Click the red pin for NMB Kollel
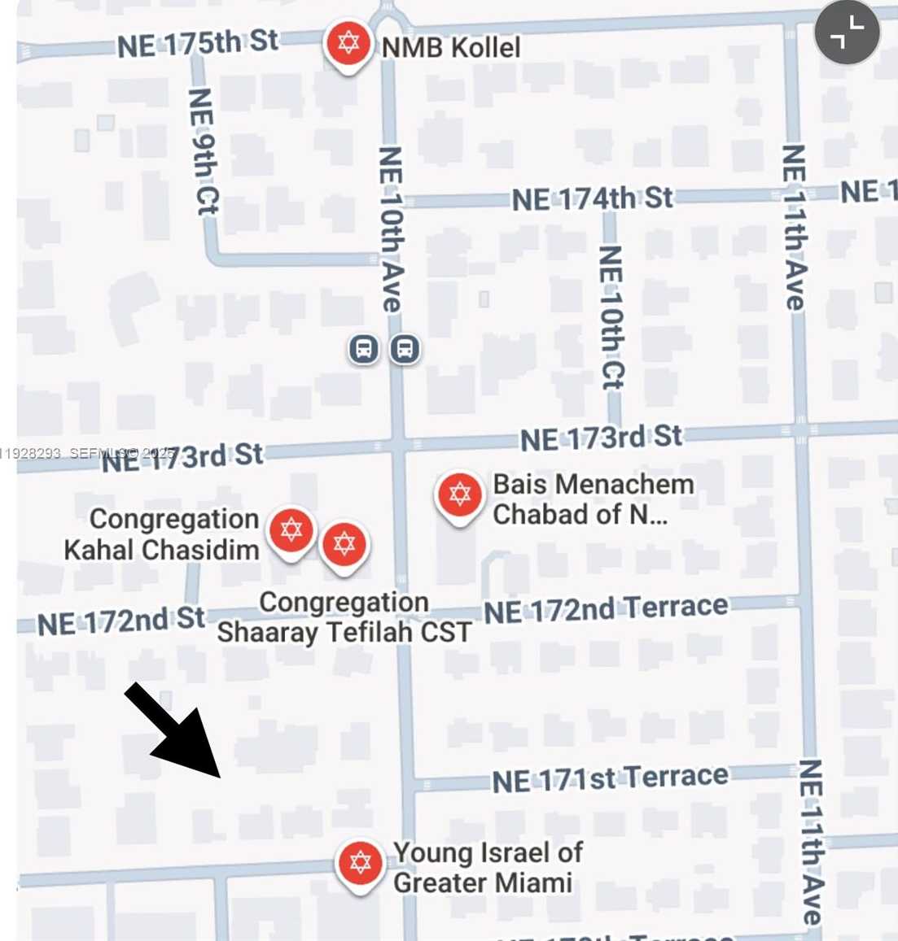pos(348,43)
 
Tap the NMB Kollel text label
pos(451,48)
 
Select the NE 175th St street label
pos(197,43)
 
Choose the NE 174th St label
pos(592,198)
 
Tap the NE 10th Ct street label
pos(611,317)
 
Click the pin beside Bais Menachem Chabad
pos(459,494)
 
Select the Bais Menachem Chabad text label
pos(593,499)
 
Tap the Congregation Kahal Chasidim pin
pos(291,530)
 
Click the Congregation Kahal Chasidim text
pos(163,534)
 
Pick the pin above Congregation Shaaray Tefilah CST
pos(344,544)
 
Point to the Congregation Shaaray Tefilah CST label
pos(344,617)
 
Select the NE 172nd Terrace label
pos(606,609)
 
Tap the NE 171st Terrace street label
pos(610,779)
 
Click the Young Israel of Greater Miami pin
pos(360,862)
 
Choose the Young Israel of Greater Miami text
pos(486,868)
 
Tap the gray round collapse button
pos(847,33)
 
